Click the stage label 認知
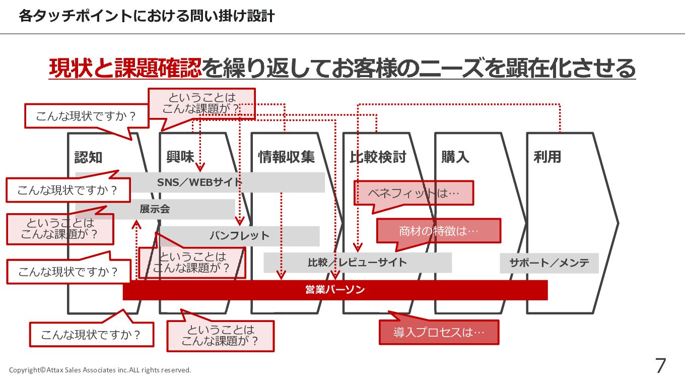tap(88, 157)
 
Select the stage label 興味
tap(180, 157)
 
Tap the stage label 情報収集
tap(286, 157)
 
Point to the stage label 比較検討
tap(378, 157)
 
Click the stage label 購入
tap(455, 157)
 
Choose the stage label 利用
tap(547, 157)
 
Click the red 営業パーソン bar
tap(335, 290)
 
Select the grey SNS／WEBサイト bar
tap(282, 182)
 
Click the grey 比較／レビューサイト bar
tap(357, 263)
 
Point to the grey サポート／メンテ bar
tap(549, 263)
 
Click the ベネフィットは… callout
tap(414, 193)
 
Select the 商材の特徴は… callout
tap(438, 231)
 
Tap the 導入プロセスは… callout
tap(439, 333)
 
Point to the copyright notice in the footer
tap(100, 370)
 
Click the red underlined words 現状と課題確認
tap(125, 69)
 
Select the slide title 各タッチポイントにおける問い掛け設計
tap(147, 16)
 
